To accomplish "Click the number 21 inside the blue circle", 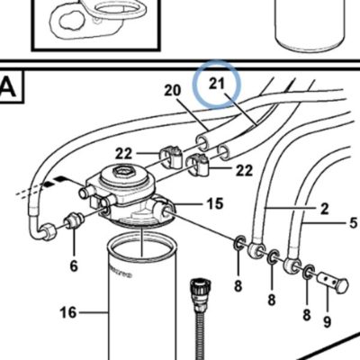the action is (217, 84).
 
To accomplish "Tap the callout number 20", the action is (173, 90).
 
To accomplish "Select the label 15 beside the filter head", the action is (215, 203).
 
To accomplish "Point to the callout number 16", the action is (68, 312).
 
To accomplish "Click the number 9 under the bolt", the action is (327, 322).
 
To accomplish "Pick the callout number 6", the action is (74, 265).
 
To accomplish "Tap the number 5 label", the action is (354, 223).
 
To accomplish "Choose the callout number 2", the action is (325, 209).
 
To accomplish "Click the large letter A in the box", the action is (8, 87).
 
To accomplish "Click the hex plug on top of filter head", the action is (123, 172).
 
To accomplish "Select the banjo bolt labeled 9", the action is (333, 283).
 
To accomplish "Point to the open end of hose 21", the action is (223, 152).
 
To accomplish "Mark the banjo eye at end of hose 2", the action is (256, 249).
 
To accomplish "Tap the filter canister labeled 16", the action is (142, 300).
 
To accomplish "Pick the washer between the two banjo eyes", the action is (273, 256).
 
